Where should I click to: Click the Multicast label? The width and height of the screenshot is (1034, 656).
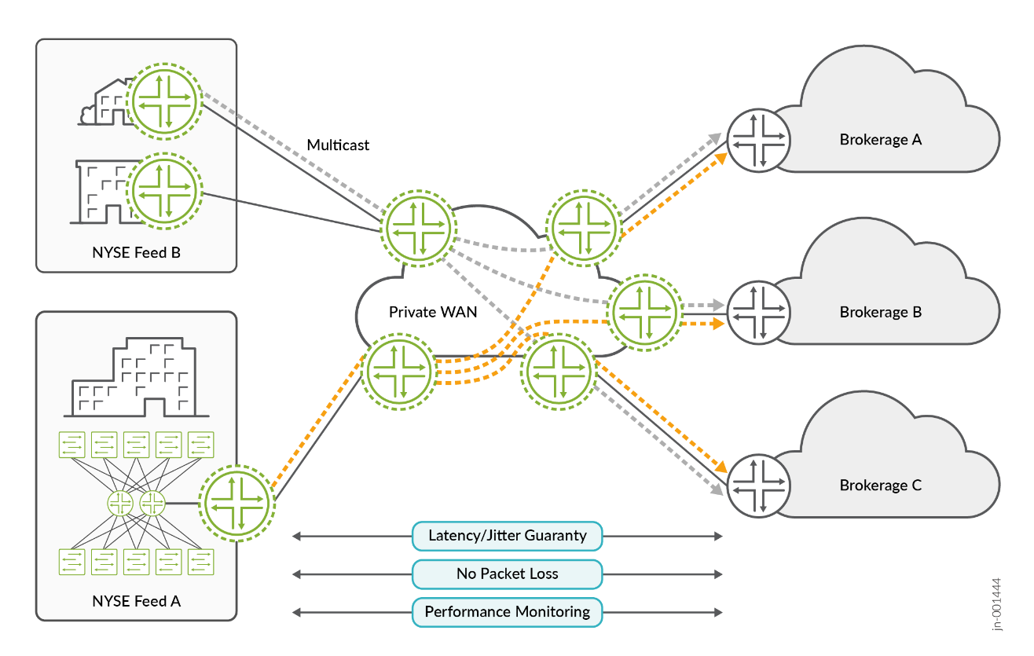coord(338,145)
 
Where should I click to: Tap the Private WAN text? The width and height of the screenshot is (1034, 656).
coord(433,312)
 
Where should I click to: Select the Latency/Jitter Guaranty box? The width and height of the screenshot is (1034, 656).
coord(507,536)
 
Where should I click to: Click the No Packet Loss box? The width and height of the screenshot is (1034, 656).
coord(507,574)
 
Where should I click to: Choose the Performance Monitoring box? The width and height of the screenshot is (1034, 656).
coord(507,612)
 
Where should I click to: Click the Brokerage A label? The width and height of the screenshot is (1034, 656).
coord(880,140)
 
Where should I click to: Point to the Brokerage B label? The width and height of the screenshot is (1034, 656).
coord(880,312)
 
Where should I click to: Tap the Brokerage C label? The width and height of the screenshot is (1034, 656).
coord(880,486)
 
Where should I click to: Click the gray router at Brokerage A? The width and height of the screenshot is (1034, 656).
coord(757,141)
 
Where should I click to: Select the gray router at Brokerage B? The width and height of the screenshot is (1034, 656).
coord(757,312)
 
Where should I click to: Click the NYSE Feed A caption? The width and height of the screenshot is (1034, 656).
coord(136,601)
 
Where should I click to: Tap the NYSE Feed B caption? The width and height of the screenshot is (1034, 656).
coord(136,253)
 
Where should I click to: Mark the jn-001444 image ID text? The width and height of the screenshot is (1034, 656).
coord(997,604)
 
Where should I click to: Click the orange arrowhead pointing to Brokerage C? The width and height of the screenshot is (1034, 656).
coord(717,465)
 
